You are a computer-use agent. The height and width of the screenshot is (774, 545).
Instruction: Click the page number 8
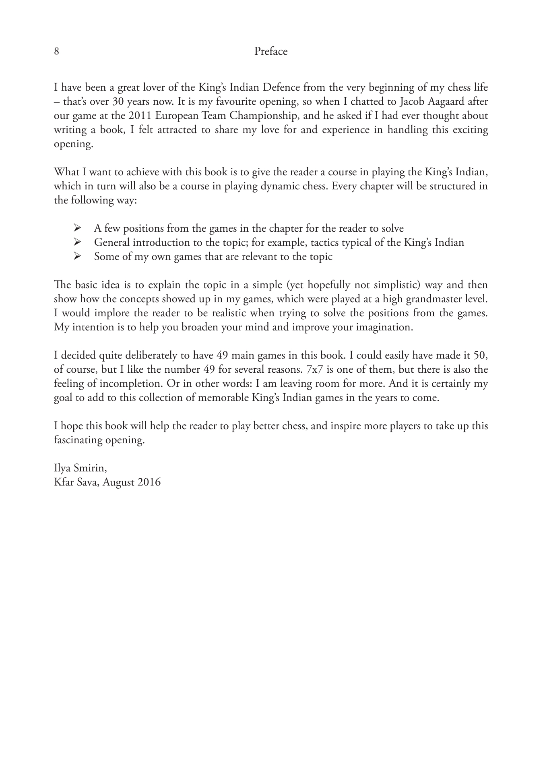tap(57, 52)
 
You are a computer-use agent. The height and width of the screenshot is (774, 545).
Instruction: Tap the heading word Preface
tap(271, 52)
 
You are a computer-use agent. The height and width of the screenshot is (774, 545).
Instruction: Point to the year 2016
tap(149, 482)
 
